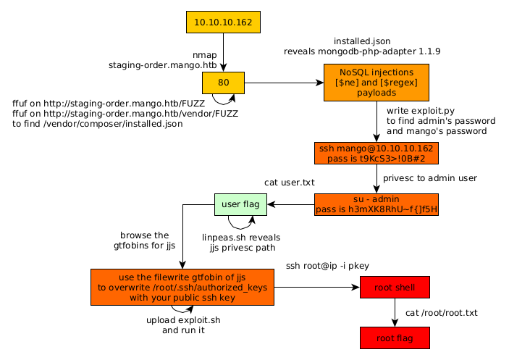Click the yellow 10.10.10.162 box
point(223,22)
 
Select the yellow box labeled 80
point(223,83)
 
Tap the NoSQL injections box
point(376,83)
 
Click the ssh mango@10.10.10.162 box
point(376,153)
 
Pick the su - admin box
point(376,204)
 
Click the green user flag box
point(240,204)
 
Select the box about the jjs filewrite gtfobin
point(182,288)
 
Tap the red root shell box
point(395,288)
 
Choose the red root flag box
point(395,338)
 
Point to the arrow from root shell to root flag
point(395,312)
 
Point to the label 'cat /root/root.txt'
point(442,313)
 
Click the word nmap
point(205,55)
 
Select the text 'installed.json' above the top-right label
point(362,41)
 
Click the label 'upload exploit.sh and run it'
point(183,325)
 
